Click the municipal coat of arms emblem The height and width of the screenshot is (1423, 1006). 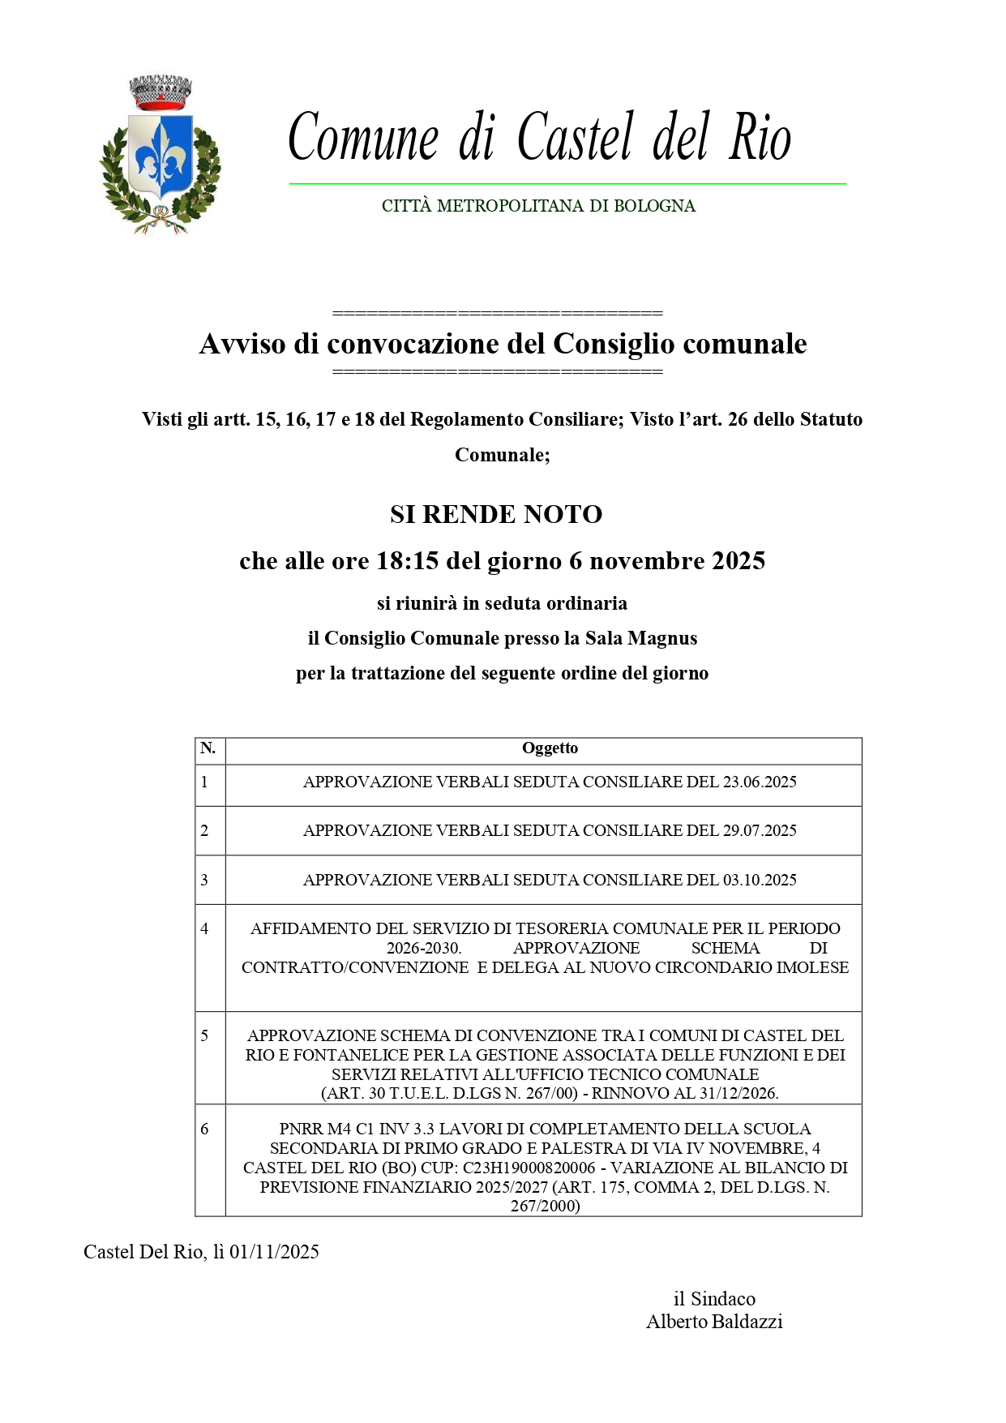tap(160, 156)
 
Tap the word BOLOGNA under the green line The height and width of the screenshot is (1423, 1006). tap(654, 206)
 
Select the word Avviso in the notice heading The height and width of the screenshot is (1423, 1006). tap(242, 344)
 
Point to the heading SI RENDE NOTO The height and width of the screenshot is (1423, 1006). tap(495, 514)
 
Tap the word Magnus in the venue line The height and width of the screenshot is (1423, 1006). tap(662, 638)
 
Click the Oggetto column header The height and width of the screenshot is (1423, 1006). tap(550, 748)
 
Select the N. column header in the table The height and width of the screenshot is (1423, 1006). tap(208, 748)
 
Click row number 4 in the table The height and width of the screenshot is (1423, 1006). tap(204, 928)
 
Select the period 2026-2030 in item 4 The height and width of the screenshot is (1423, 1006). tap(423, 948)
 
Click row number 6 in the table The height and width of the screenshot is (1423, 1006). tap(204, 1129)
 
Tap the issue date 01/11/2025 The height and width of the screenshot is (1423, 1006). tap(274, 1252)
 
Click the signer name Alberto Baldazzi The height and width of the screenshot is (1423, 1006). tap(714, 1322)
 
